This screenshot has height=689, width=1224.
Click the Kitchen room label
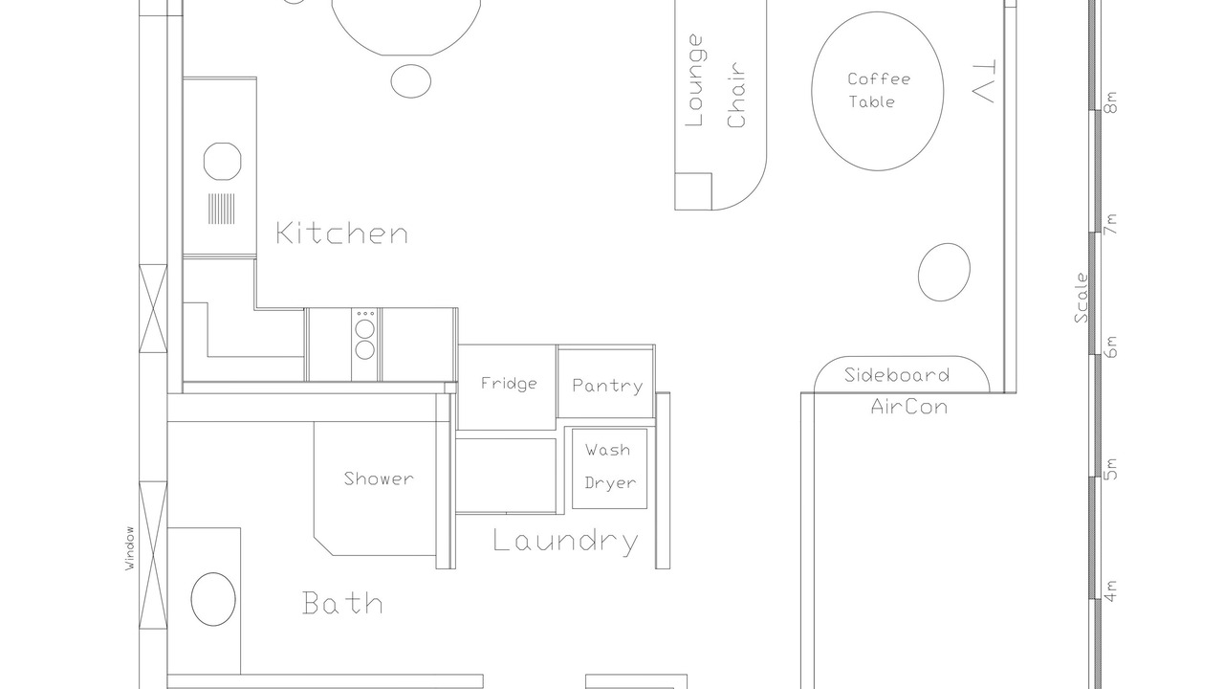pos(342,233)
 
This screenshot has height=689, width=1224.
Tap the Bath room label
pos(342,603)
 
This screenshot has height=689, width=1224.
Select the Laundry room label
pos(565,542)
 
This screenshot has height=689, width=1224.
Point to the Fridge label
pos(509,384)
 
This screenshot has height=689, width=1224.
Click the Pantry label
pos(607,386)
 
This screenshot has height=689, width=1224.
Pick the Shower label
pos(379,478)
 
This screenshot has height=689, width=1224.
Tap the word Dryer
pos(610,483)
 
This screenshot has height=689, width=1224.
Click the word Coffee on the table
pos(879,79)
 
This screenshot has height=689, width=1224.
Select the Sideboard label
pos(897,375)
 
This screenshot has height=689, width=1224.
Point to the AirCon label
pos(909,407)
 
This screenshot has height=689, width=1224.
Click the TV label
pos(984,81)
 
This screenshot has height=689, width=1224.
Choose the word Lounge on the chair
pos(694,80)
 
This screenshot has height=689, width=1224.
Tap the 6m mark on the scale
pos(1110,346)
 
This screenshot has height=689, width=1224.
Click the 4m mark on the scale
pos(1110,591)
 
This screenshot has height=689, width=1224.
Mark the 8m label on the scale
pos(1110,102)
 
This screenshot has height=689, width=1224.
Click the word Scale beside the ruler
pos(1082,298)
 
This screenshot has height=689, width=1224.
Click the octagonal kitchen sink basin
pos(223,162)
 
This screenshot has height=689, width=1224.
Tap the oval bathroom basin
pos(213,599)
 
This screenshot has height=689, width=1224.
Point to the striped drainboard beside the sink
pos(221,209)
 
